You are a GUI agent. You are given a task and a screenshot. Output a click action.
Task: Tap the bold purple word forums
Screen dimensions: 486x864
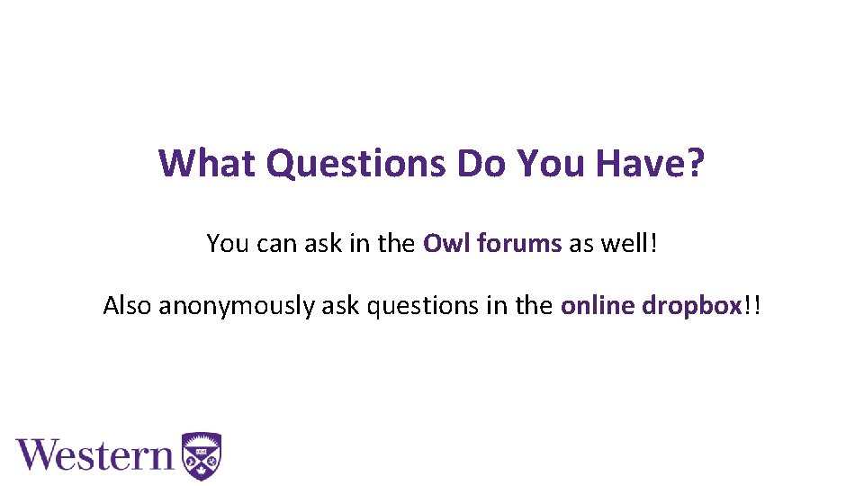[517, 243]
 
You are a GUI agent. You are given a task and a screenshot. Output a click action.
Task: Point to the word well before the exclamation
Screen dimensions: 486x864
[626, 243]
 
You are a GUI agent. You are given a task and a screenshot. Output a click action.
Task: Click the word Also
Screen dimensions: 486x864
[128, 306]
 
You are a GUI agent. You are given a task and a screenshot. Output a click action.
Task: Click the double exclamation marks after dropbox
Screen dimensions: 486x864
[752, 306]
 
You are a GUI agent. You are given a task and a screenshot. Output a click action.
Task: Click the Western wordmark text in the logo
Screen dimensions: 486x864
[94, 454]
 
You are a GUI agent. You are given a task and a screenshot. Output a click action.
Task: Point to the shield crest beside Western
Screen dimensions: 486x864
[202, 455]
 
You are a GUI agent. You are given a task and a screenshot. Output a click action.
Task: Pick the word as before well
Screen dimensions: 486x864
[580, 244]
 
